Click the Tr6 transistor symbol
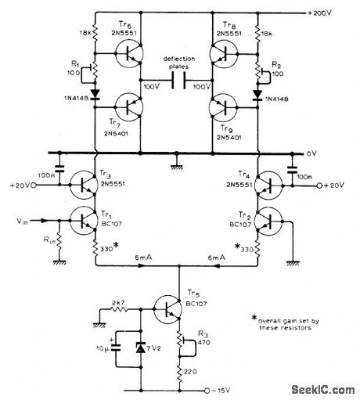pyautogui.click(x=123, y=54)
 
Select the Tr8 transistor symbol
pyautogui.click(x=228, y=54)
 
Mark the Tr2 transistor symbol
pyautogui.click(x=269, y=222)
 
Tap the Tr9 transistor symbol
pyautogui.click(x=228, y=109)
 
